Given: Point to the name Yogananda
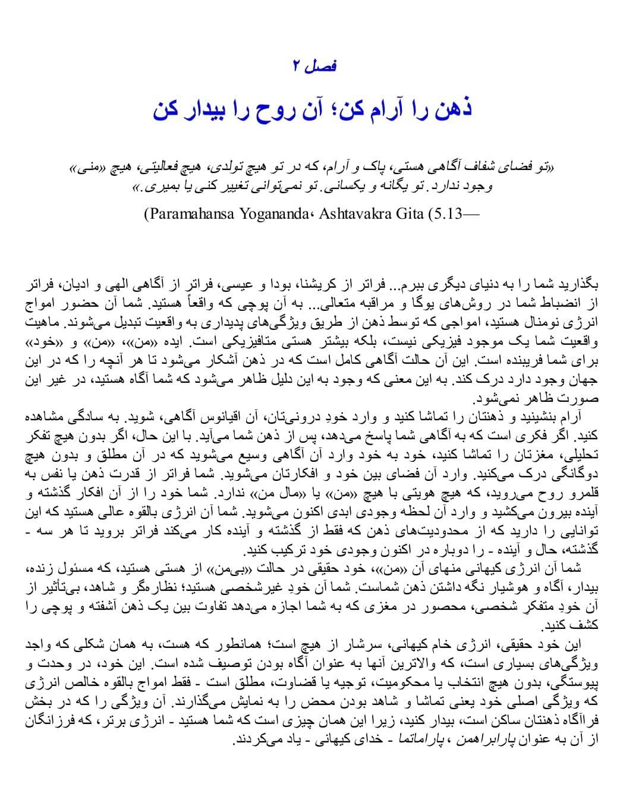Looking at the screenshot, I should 273,213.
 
